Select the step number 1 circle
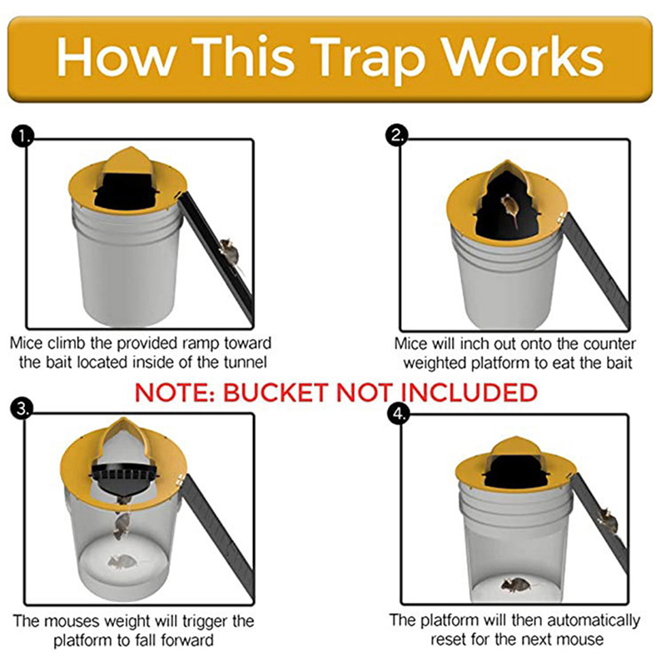22,137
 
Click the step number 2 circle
396,136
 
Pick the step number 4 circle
399,413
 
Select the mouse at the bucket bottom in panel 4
516,585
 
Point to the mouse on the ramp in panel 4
609,520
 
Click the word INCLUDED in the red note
469,392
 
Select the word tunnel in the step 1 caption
245,362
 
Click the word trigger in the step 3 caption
205,622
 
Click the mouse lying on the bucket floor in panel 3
123,562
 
